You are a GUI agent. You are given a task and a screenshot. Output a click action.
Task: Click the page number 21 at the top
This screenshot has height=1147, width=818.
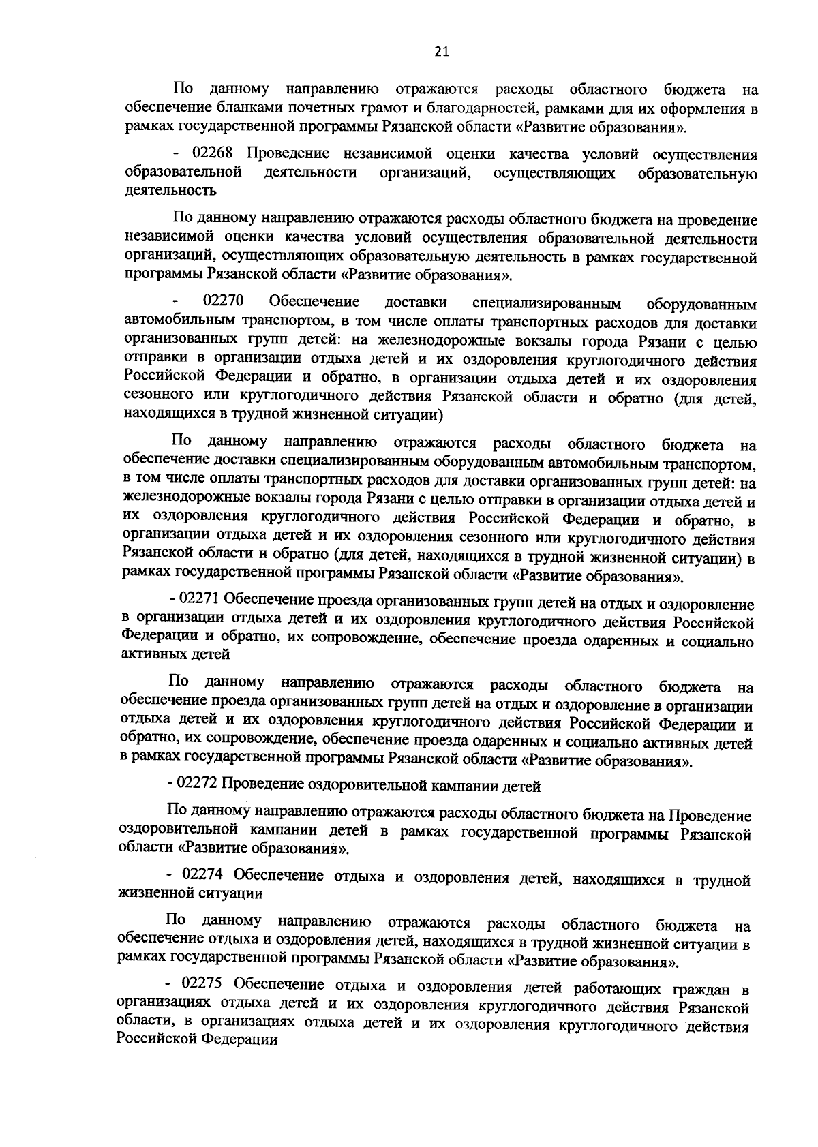pyautogui.click(x=441, y=51)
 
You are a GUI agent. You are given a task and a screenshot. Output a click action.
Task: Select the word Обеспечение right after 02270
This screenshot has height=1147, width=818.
pyautogui.click(x=314, y=302)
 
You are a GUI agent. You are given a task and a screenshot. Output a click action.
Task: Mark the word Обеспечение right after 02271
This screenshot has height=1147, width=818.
pyautogui.click(x=264, y=602)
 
